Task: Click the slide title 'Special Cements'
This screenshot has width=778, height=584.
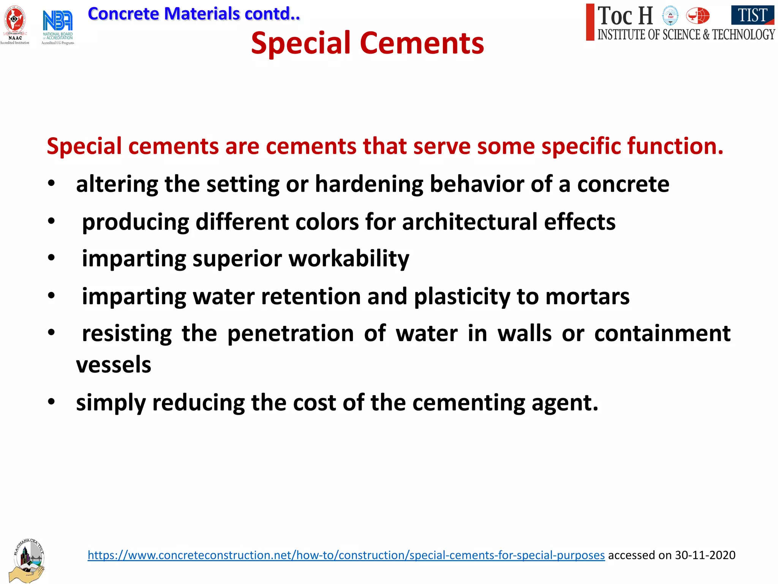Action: pyautogui.click(x=367, y=43)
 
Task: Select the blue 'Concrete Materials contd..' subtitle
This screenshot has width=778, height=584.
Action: pyautogui.click(x=194, y=14)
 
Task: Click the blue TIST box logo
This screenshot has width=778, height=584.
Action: pyautogui.click(x=753, y=15)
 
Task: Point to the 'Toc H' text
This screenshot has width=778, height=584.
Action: pyautogui.click(x=625, y=16)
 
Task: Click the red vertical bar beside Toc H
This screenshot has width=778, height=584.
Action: pyautogui.click(x=590, y=22)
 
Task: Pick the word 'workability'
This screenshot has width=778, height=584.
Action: pyautogui.click(x=349, y=259)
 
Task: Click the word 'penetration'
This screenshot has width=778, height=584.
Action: pyautogui.click(x=291, y=334)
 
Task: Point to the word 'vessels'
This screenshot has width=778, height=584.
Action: pyautogui.click(x=114, y=365)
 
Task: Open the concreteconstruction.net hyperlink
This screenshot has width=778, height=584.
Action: pyautogui.click(x=346, y=555)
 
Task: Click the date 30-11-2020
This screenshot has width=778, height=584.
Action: pyautogui.click(x=705, y=555)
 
